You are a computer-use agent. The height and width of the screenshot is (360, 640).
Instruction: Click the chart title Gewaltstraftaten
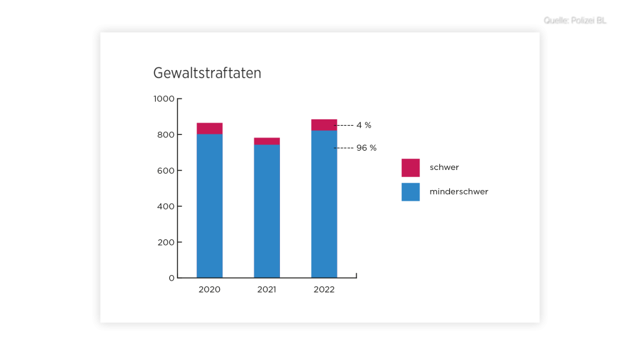(x=207, y=73)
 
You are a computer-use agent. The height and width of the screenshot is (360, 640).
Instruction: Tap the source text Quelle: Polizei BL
(x=576, y=21)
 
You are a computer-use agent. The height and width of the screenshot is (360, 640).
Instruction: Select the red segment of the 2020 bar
(x=209, y=129)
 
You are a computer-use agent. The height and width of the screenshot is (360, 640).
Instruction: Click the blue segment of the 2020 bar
(x=209, y=206)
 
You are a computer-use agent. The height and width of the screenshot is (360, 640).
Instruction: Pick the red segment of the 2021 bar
(x=267, y=141)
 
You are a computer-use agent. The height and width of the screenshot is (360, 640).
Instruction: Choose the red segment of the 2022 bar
(x=324, y=125)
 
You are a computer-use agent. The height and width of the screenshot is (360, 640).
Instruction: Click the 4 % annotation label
(x=364, y=125)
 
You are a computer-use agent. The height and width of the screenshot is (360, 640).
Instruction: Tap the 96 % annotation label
(x=366, y=148)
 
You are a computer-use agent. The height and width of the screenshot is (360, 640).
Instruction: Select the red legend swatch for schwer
(x=411, y=167)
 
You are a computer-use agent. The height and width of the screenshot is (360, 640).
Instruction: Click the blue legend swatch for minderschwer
(x=411, y=192)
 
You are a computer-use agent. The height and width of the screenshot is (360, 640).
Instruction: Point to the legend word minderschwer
(x=459, y=192)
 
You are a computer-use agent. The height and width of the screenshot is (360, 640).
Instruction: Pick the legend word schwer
(x=444, y=167)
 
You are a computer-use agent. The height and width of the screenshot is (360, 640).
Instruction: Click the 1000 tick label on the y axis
(x=164, y=99)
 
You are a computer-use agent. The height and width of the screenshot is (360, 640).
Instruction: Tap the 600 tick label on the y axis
(x=166, y=171)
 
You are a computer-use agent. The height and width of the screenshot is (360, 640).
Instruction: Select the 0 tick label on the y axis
(x=171, y=278)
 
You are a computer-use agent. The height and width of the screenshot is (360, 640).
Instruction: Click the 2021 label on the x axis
(x=267, y=290)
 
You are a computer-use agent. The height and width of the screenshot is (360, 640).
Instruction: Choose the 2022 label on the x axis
(x=324, y=290)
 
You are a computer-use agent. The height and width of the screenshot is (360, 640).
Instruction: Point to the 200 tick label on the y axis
(x=166, y=242)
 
